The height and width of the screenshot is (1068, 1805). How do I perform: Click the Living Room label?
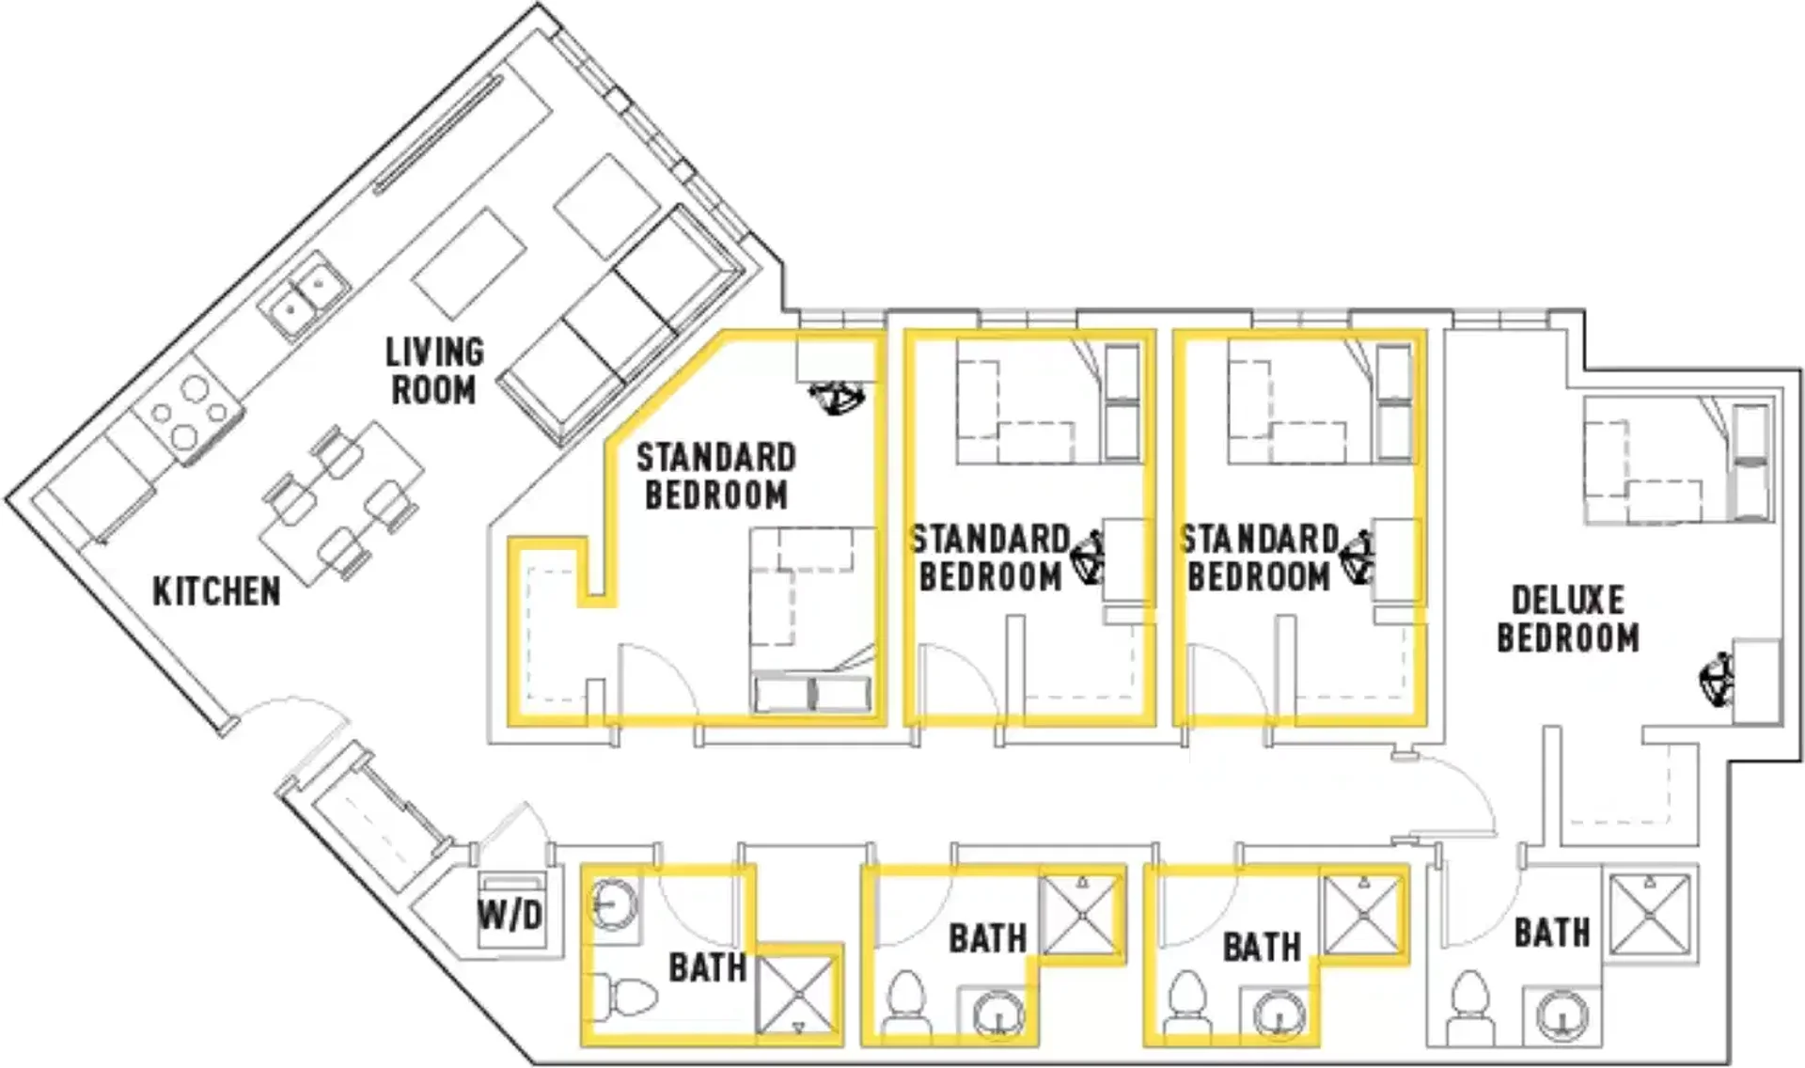[x=434, y=370]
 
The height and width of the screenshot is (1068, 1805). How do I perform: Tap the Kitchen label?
[x=216, y=591]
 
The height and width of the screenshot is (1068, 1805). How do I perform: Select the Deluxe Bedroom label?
[x=1567, y=619]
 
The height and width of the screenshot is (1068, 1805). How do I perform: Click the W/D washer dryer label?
[x=510, y=914]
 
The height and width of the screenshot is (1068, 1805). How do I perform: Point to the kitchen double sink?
[x=304, y=292]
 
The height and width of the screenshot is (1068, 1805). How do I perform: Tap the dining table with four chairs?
[x=340, y=503]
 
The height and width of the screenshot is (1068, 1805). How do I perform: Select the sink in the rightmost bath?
[x=1562, y=1016]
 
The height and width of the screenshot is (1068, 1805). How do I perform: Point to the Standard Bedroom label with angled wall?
[x=716, y=476]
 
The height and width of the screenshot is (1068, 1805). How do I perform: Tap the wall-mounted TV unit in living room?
[x=439, y=135]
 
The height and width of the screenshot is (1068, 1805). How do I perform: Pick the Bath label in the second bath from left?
[x=987, y=938]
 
